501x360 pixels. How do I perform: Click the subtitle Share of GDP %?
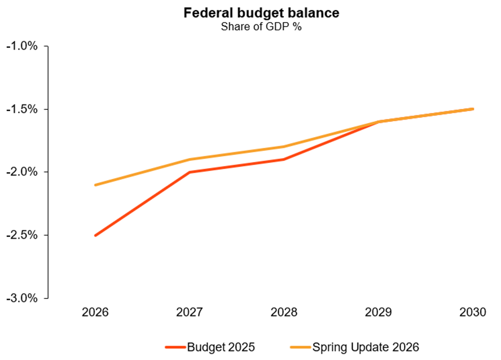(250, 26)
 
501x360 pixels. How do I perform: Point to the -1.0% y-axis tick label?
(21, 46)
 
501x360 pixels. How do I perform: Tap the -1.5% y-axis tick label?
(21, 109)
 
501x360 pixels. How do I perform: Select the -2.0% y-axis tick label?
(21, 172)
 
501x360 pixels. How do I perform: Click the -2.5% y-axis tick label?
(21, 235)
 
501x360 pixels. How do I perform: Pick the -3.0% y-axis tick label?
(21, 298)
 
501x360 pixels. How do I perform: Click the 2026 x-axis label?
(95, 312)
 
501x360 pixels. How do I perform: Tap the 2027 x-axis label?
(190, 312)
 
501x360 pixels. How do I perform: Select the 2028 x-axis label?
(284, 312)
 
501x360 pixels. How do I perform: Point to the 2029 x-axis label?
(378, 312)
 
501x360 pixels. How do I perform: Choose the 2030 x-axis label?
(472, 312)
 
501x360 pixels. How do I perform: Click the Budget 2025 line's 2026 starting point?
(95, 235)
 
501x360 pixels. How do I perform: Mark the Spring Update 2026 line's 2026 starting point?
(95, 185)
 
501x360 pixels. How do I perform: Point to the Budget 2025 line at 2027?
(190, 172)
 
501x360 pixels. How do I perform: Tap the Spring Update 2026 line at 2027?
(190, 160)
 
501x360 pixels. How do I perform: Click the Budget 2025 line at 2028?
(284, 159)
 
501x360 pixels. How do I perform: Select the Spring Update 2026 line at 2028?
(284, 147)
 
